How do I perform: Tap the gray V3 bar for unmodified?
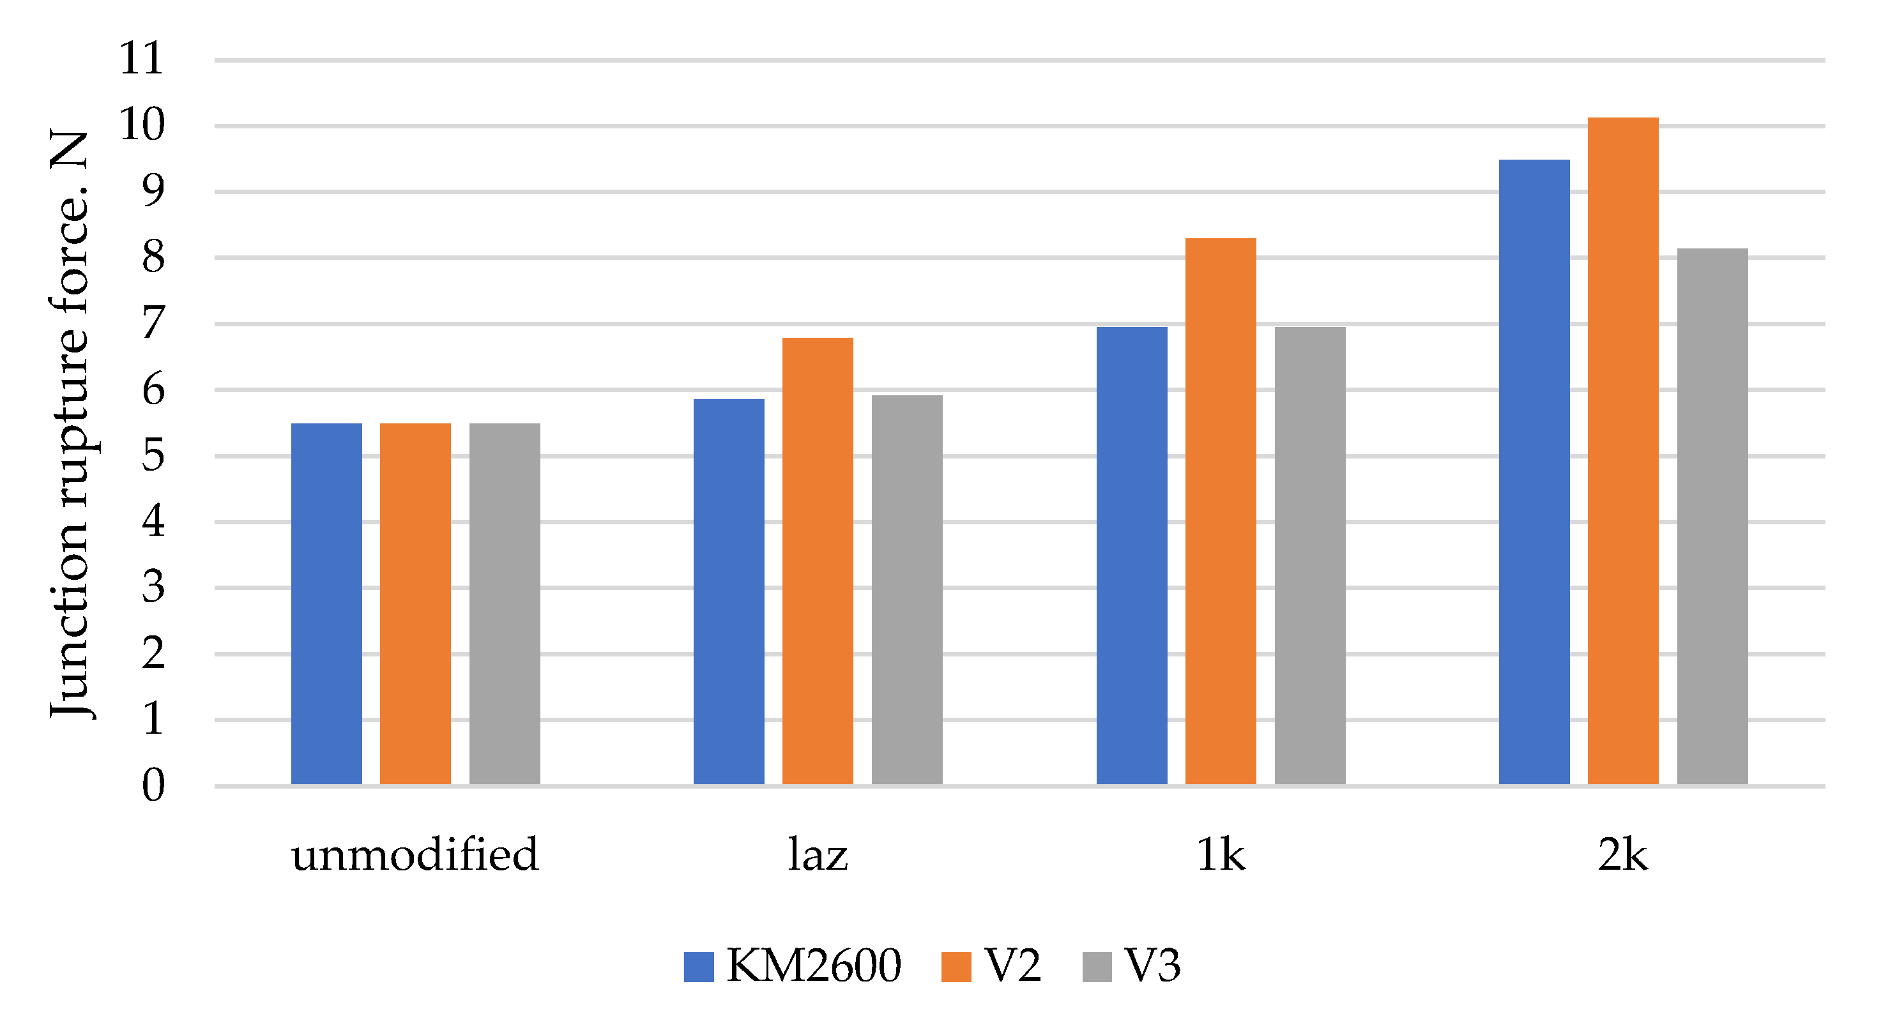coord(505,604)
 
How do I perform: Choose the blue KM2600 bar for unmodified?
coord(326,604)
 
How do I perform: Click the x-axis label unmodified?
coord(415,854)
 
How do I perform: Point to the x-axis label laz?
coord(818,854)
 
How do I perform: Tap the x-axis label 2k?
coord(1622,854)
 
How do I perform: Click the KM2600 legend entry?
coord(791,966)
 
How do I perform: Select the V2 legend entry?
coord(991,966)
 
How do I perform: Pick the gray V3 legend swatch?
coord(1097,966)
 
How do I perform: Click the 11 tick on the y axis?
coord(141,59)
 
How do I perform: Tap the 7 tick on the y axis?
coord(153,323)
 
